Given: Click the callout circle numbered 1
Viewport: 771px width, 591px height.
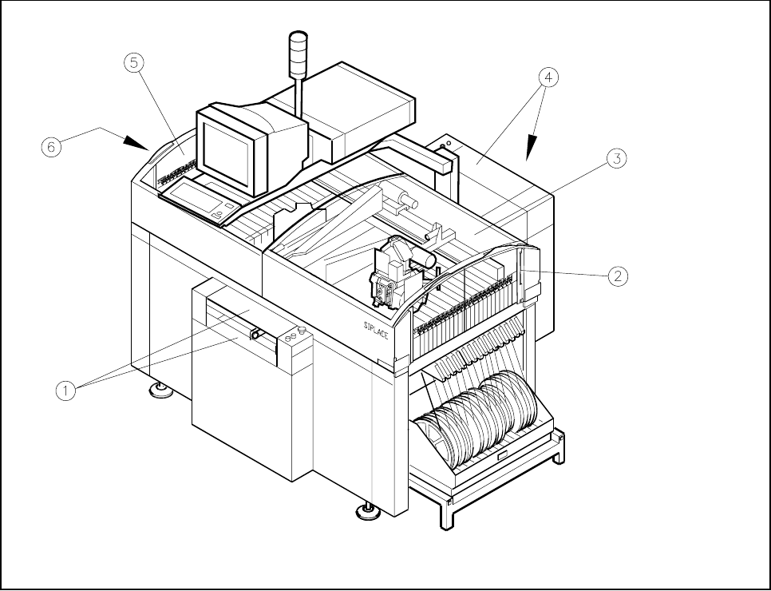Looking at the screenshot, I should pyautogui.click(x=67, y=391).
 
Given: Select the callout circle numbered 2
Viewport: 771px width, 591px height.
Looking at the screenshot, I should pyautogui.click(x=616, y=276).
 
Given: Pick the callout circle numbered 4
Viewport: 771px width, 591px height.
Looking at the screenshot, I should pyautogui.click(x=548, y=77).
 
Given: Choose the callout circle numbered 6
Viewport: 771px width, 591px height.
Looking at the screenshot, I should pyautogui.click(x=50, y=146).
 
